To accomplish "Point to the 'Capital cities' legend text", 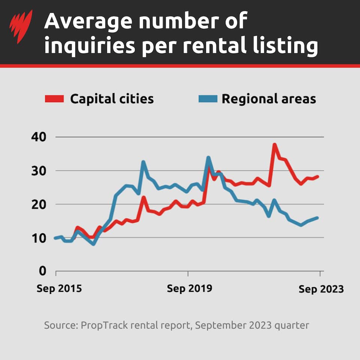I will click(112, 99).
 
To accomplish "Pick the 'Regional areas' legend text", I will click(268, 99).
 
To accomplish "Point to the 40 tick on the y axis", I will click(39, 137).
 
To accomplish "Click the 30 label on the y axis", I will click(39, 171).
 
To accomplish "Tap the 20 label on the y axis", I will click(39, 204).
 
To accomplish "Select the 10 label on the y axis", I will click(39, 238).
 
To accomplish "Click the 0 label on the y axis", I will click(42, 271).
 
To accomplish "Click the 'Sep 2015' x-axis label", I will click(59, 289).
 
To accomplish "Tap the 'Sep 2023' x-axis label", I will click(321, 289).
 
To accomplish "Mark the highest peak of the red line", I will click(274, 144).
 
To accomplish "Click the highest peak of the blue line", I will click(208, 157).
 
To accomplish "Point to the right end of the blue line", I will click(318, 217).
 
